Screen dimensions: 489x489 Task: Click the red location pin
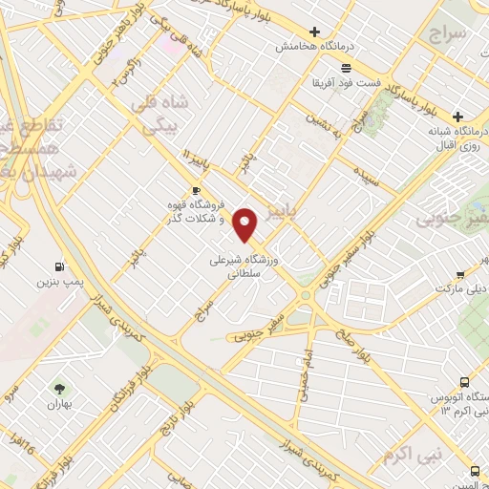[x=246, y=223]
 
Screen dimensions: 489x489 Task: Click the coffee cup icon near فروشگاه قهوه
[x=196, y=190]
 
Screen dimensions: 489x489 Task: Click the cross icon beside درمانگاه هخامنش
[x=314, y=32]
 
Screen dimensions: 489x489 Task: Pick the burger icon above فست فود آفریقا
[x=345, y=68]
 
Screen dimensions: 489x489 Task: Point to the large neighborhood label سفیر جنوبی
[x=451, y=220]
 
